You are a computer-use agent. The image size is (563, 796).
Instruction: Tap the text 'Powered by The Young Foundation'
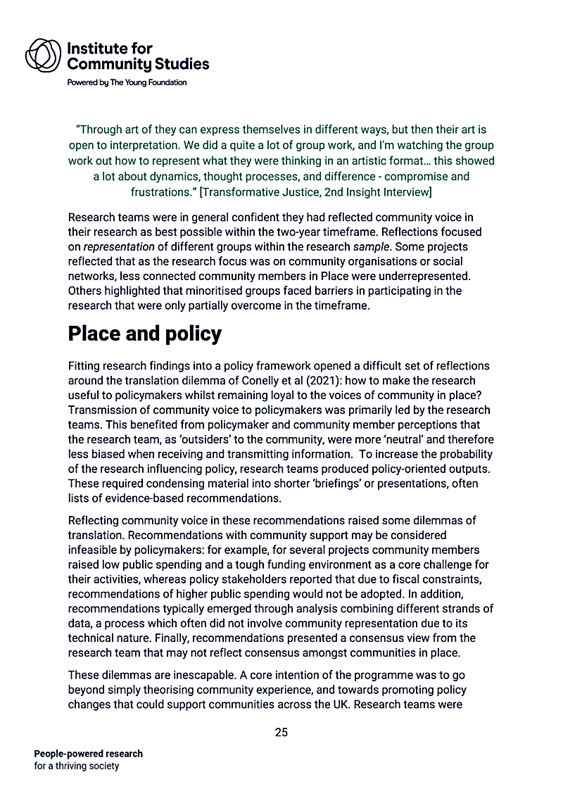click(127, 82)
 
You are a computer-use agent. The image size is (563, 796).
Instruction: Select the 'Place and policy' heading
click(144, 334)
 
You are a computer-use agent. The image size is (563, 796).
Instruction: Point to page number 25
click(281, 733)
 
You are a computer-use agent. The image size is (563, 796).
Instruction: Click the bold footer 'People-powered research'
click(88, 754)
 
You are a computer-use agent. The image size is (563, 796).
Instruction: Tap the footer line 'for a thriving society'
click(77, 766)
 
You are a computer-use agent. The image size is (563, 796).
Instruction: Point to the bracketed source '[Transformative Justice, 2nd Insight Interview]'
click(316, 191)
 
